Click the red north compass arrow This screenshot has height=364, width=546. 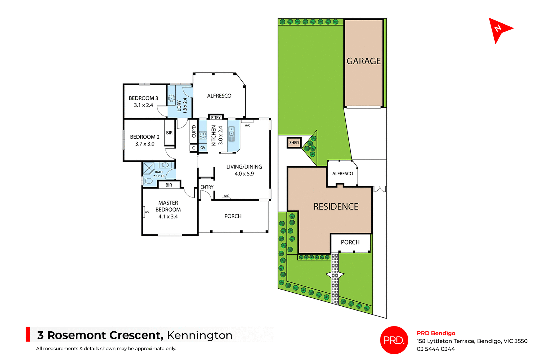tap(498, 29)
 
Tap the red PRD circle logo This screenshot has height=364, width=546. tap(394, 340)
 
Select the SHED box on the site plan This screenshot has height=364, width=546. tap(294, 143)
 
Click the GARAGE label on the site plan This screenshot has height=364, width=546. tap(363, 61)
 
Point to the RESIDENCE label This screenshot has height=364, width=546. tap(336, 207)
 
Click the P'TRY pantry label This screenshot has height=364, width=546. tap(216, 117)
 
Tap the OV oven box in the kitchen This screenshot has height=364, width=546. tap(203, 148)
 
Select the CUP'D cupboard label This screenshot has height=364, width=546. tap(194, 131)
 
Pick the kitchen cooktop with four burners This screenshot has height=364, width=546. tap(203, 136)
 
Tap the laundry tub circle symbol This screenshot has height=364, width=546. tap(171, 99)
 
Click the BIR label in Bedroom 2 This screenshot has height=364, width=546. tap(169, 133)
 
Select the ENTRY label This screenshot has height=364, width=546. tap(207, 187)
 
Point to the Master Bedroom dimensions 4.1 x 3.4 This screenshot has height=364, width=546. tap(168, 217)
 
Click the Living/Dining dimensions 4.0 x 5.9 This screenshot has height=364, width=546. tap(244, 174)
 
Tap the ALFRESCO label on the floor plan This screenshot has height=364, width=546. tap(219, 96)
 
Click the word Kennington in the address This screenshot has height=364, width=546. tap(200, 335)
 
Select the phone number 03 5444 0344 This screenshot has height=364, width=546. tap(436, 349)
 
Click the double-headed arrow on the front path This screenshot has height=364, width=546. tap(335, 274)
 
